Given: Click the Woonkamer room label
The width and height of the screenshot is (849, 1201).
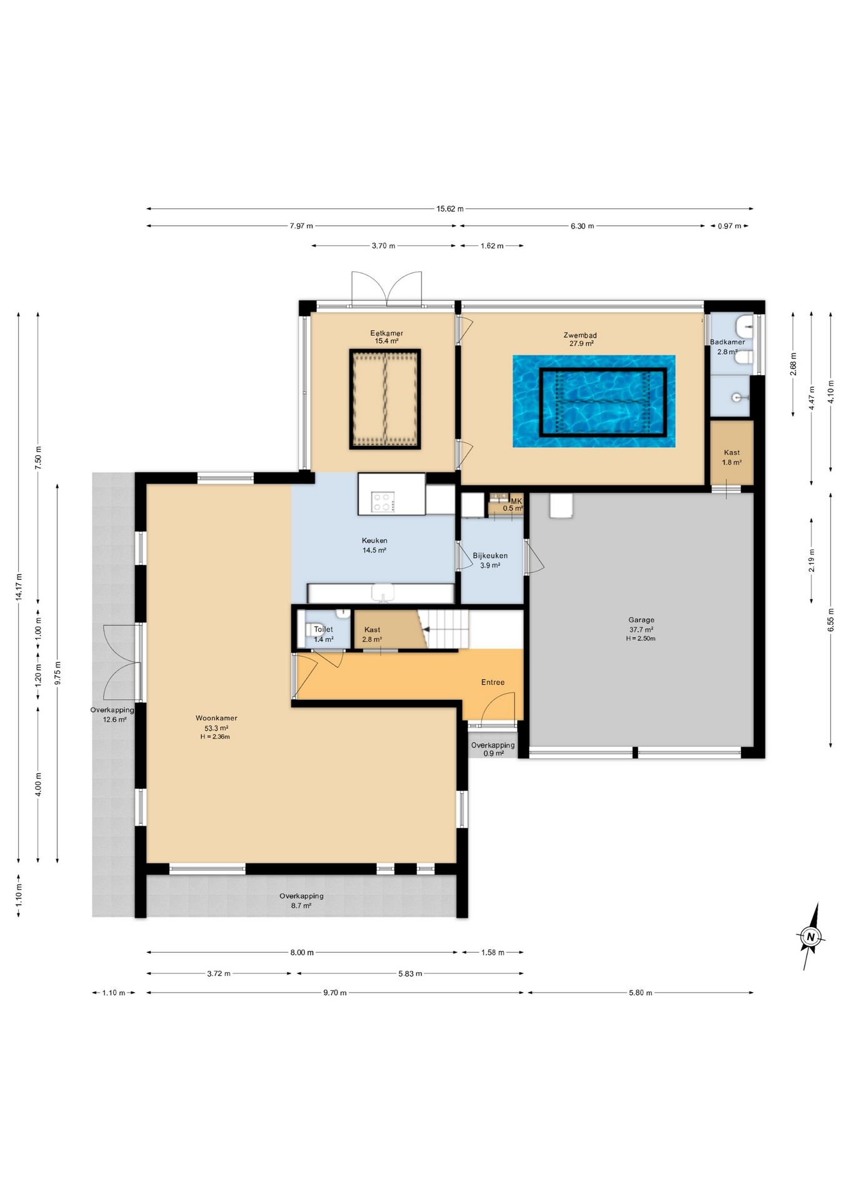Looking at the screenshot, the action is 216,718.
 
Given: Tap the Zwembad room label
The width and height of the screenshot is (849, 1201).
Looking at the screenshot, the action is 580,335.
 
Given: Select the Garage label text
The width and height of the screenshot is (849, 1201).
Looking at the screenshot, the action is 641,620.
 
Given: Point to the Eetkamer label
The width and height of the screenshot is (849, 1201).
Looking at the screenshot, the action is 386,333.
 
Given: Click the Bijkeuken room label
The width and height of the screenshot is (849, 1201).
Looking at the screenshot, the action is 490,555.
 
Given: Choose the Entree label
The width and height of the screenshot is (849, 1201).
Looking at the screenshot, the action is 493,682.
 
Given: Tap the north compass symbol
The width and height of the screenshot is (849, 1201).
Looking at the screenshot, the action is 811,936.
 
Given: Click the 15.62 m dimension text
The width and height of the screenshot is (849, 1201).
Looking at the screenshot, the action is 450,209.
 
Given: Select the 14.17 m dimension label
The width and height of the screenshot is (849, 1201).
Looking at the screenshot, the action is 19,587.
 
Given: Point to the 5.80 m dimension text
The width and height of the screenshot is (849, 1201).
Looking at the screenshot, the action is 641,993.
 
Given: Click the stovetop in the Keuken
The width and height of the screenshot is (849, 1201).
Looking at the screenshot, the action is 383,502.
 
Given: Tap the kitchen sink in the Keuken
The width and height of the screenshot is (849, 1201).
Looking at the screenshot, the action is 383,592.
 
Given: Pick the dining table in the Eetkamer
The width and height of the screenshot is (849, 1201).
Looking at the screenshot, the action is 384,399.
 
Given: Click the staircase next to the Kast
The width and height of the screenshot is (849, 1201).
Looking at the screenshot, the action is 444,629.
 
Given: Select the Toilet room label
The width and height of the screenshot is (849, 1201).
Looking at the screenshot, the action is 323,629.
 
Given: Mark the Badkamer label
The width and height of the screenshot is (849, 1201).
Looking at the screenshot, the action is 727,342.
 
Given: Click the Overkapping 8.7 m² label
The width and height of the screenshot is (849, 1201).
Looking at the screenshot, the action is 301,901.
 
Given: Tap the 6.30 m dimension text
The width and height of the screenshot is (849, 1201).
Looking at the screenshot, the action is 582,226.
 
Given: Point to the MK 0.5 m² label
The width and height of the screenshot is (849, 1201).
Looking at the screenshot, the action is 513,505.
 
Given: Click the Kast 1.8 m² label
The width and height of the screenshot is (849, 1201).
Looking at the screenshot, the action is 731,457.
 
